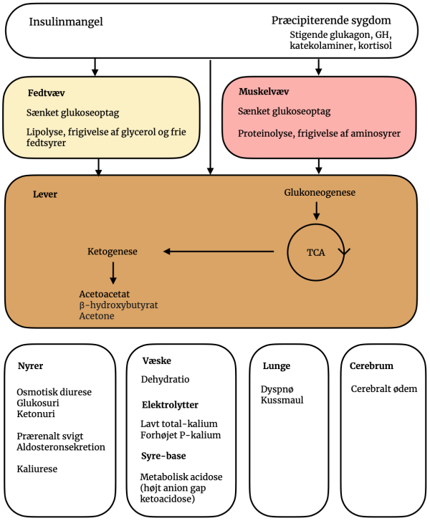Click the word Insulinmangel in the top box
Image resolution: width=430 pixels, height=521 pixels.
(66, 21)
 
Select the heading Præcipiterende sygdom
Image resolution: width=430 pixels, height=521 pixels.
(331, 21)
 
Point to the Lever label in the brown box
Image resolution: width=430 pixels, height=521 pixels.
(45, 194)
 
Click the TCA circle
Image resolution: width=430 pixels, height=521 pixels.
(316, 252)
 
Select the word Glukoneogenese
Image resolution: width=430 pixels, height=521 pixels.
(320, 193)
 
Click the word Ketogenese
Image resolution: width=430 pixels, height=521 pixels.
(112, 252)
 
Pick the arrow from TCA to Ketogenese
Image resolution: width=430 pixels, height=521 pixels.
(219, 252)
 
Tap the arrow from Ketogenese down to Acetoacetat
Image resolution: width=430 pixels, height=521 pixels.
(113, 273)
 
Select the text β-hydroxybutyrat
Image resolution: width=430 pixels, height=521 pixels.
(118, 305)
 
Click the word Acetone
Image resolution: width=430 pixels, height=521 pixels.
(97, 316)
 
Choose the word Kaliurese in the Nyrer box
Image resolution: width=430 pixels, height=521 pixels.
(37, 469)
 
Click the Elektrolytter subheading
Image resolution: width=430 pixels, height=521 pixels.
(170, 405)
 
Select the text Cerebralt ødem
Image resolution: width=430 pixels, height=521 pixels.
(384, 389)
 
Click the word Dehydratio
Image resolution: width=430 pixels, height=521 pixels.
(165, 379)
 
